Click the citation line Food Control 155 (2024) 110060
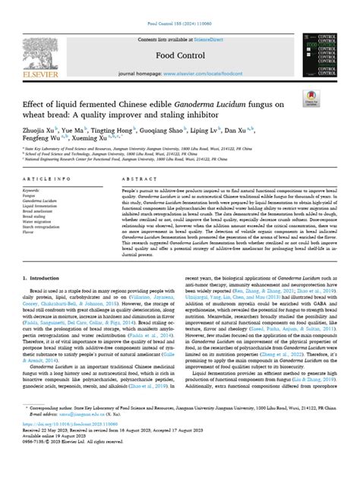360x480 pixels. (179, 5)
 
